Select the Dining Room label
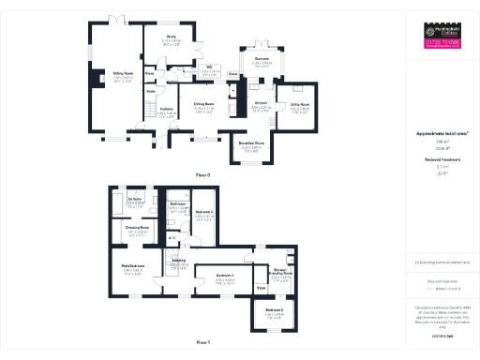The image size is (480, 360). point(203,103)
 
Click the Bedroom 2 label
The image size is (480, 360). point(274,309)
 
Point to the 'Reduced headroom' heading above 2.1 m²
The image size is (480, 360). point(441,160)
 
